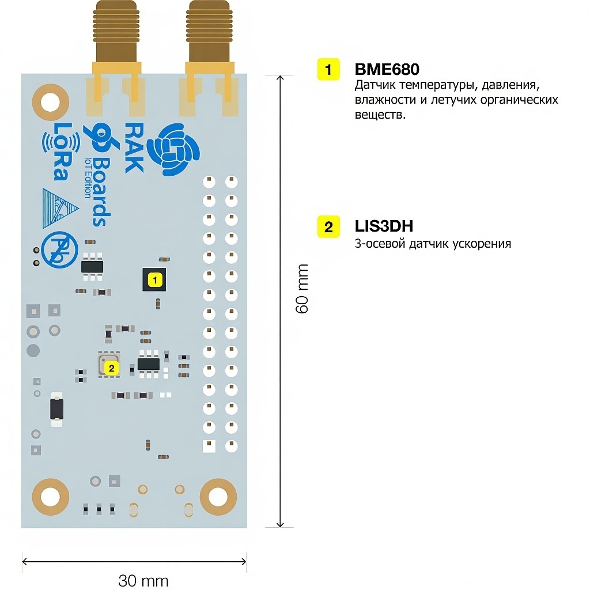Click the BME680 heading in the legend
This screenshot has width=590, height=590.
pyautogui.click(x=387, y=70)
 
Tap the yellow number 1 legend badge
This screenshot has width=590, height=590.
pyautogui.click(x=328, y=70)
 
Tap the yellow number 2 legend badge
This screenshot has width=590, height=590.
pyautogui.click(x=328, y=226)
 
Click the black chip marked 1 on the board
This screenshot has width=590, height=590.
pyautogui.click(x=154, y=280)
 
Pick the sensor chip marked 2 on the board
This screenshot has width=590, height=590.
pyautogui.click(x=109, y=365)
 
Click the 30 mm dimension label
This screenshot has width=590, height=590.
pyautogui.click(x=143, y=580)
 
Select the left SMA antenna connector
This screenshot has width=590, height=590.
pyautogui.click(x=116, y=35)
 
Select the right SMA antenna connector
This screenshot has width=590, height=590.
pyautogui.click(x=209, y=35)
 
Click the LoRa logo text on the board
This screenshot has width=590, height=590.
pyautogui.click(x=59, y=151)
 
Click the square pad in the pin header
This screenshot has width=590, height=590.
pyautogui.click(x=208, y=446)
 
